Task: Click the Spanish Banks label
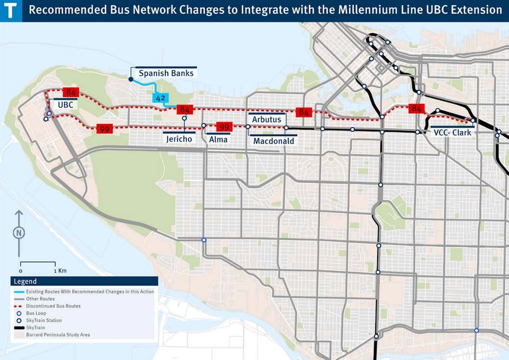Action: click(166, 73)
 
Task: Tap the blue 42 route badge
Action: click(160, 98)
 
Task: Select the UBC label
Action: click(65, 104)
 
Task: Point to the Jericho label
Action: click(179, 139)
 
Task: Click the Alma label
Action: click(218, 139)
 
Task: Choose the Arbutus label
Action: click(266, 119)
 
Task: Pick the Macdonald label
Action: click(274, 141)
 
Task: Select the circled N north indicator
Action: click(19, 232)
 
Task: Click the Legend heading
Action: click(25, 282)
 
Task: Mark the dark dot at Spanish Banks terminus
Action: click(131, 79)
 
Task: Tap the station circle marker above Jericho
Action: click(184, 118)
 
